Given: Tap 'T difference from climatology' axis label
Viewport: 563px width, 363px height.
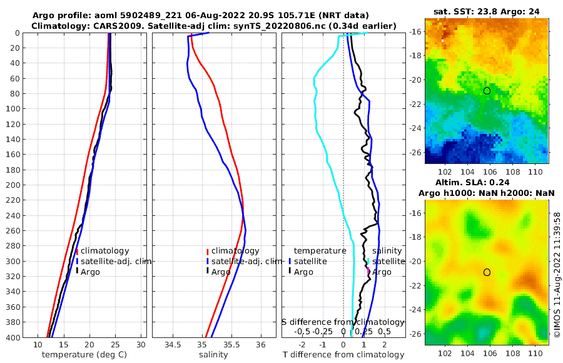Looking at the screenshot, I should [343, 355].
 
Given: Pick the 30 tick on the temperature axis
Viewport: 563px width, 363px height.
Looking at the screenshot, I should [141, 344].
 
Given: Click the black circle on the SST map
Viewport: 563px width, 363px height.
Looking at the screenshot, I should [487, 91].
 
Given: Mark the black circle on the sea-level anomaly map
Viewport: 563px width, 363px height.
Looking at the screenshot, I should [487, 272].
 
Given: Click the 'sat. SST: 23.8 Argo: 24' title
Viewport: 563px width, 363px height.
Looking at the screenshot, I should [486, 11].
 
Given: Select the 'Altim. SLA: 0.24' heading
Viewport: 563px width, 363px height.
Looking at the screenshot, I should [486, 181].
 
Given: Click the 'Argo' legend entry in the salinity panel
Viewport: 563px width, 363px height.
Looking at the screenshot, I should [220, 272].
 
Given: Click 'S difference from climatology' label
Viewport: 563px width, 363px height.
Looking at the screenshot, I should [343, 321].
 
